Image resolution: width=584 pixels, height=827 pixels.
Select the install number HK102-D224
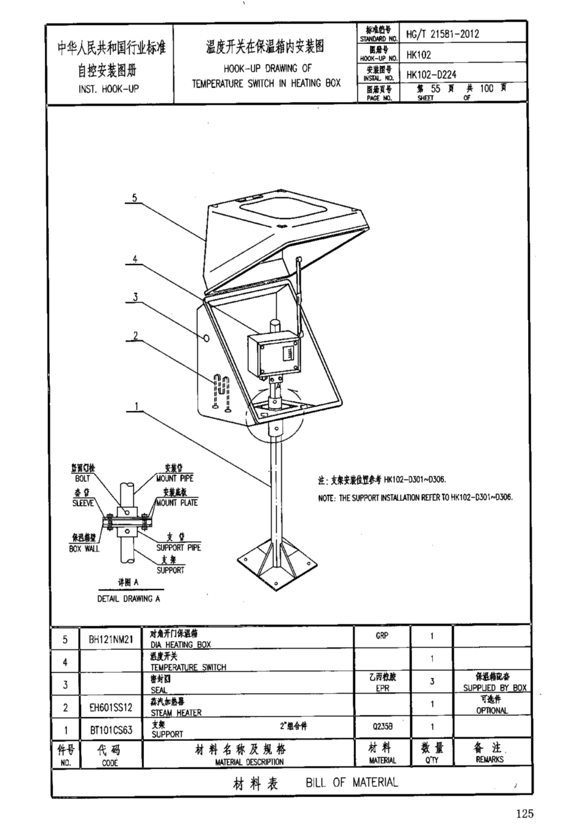coord(431,75)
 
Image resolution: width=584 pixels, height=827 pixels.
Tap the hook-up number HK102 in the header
coord(419,55)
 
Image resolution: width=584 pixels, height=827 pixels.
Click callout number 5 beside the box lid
coord(134,198)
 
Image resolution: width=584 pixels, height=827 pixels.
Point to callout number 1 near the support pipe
coord(136,406)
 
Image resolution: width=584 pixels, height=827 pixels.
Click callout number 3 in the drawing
coord(135,297)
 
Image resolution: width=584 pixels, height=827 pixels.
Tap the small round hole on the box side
coord(206,338)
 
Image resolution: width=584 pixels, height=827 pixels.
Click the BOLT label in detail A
coord(82,478)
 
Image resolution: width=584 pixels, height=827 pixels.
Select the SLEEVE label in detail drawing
coord(82,503)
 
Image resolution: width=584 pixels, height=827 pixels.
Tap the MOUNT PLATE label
coord(177,503)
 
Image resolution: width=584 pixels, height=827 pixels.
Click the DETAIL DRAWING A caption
coord(128,598)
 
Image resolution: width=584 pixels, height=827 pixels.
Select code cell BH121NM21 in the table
coord(111,639)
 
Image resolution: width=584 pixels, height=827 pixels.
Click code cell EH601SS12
coord(111,708)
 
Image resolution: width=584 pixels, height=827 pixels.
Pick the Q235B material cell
coord(382,727)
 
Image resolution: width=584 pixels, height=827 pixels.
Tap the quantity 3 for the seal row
coord(432,682)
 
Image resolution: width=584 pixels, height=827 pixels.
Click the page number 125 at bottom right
coord(525,813)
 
